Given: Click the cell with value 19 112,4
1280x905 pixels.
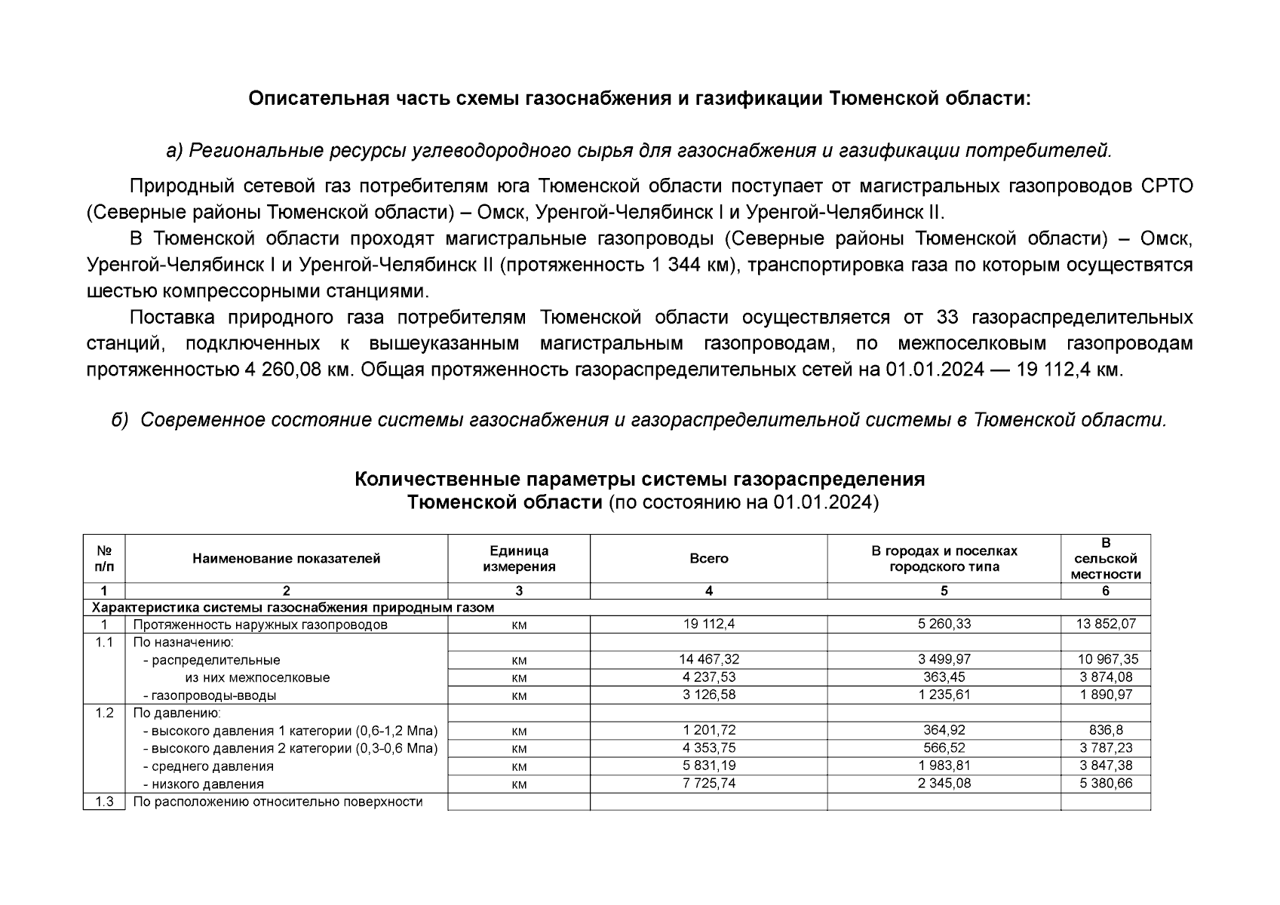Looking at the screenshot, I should point(708,624).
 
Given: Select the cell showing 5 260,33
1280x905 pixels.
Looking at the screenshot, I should point(944,624).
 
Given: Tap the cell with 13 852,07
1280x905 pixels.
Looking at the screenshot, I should point(1105,624).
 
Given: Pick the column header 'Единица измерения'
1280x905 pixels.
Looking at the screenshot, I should point(519,559).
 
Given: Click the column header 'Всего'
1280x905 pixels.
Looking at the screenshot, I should point(708,559).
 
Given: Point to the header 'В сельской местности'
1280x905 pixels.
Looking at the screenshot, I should point(1105,559).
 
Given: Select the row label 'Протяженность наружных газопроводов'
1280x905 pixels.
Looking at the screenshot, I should point(260,624).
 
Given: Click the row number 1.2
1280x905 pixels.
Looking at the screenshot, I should point(104,713).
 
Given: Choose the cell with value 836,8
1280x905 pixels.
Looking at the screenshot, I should point(1105,730).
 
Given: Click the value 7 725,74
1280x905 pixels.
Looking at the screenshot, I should point(708,784).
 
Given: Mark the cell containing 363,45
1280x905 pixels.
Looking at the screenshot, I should point(944,677).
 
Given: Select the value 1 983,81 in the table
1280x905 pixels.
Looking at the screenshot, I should point(944,765).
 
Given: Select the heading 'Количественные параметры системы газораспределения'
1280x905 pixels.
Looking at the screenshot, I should point(640,480).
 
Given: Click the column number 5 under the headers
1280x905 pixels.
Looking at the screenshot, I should point(944,591).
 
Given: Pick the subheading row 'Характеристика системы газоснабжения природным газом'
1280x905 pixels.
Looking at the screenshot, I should point(293,608).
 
